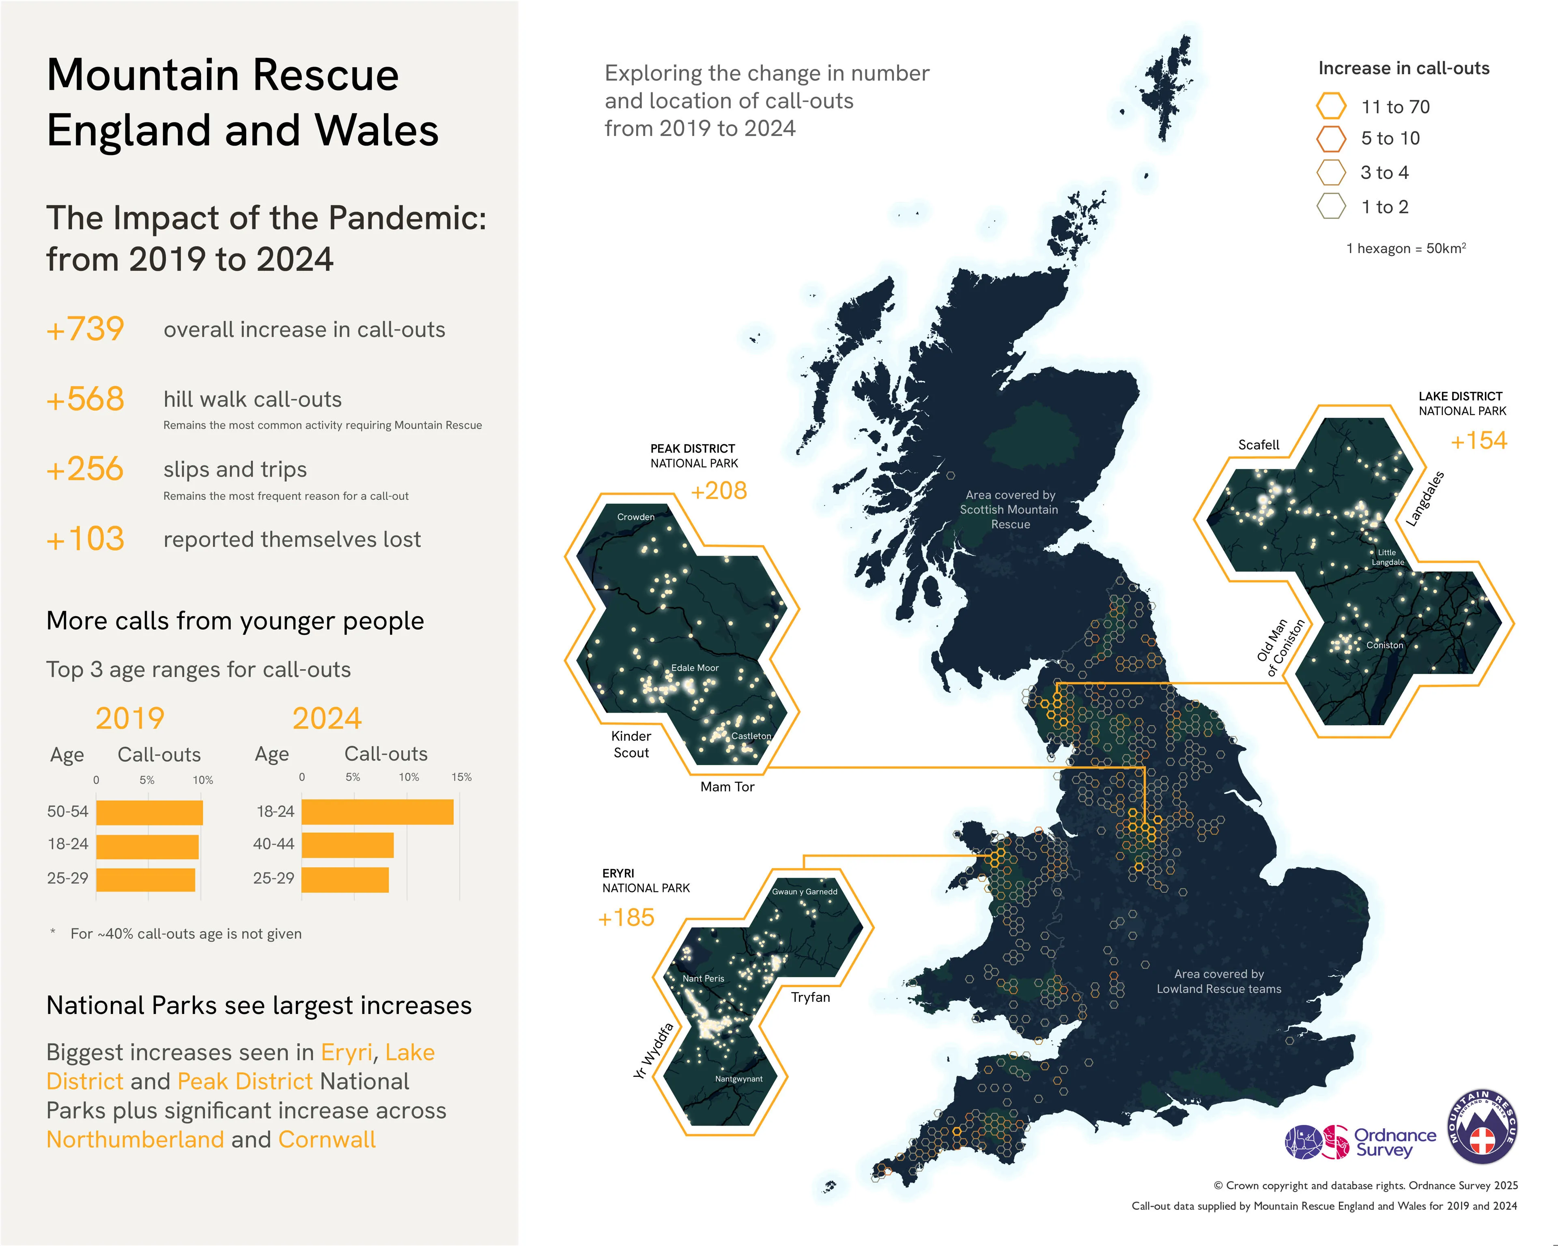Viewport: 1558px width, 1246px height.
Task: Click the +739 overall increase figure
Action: click(85, 329)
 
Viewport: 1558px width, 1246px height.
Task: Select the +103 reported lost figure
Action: click(85, 539)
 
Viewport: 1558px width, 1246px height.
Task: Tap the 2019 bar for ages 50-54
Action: click(149, 812)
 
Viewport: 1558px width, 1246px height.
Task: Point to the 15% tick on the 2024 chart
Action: click(461, 777)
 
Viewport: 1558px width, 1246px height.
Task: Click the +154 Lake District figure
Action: click(1478, 440)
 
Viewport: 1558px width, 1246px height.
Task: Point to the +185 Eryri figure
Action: click(626, 918)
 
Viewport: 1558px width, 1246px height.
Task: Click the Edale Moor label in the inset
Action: click(695, 668)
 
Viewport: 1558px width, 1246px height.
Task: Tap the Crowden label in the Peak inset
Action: click(635, 516)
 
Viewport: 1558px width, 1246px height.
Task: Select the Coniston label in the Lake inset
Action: click(1384, 645)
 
